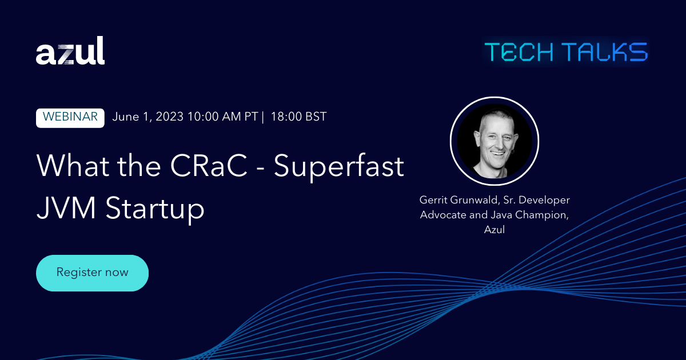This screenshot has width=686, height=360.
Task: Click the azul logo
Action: click(x=70, y=50)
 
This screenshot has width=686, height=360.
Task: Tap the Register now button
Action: click(x=92, y=273)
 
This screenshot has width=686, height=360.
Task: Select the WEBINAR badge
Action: click(x=70, y=118)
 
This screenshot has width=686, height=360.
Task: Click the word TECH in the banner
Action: click(x=519, y=52)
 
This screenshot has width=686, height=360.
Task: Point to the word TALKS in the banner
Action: click(x=606, y=52)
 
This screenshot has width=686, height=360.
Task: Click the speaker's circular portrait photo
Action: click(x=494, y=141)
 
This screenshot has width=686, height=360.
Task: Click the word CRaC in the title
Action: click(x=209, y=166)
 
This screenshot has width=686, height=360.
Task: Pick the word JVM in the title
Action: click(x=66, y=208)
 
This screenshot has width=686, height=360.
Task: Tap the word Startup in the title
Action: click(x=155, y=210)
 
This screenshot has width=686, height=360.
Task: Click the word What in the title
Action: click(x=73, y=165)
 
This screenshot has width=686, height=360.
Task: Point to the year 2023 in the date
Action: click(x=169, y=117)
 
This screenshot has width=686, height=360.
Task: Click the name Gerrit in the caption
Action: click(x=433, y=200)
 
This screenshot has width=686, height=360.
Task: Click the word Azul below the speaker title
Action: click(x=494, y=230)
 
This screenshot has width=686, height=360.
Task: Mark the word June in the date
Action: click(x=126, y=117)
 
